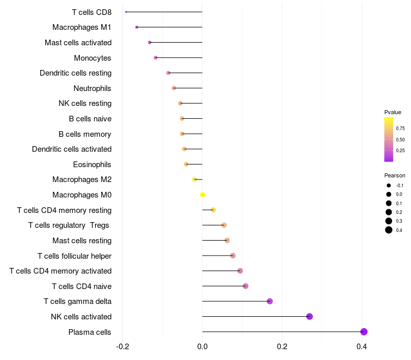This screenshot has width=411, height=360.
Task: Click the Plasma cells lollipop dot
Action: click(364, 332)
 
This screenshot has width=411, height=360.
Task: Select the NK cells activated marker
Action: click(309, 316)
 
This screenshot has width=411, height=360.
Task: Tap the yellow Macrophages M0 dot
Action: click(202, 195)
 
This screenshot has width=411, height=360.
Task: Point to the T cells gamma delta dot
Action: click(270, 301)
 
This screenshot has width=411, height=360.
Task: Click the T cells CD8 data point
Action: click(126, 12)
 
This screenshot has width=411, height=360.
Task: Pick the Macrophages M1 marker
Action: click(137, 27)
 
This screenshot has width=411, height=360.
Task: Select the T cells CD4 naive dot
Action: click(245, 286)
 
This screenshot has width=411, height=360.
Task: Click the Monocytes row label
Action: click(92, 58)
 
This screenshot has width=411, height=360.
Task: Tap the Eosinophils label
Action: click(92, 165)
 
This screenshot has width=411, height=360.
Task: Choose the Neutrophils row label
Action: click(92, 88)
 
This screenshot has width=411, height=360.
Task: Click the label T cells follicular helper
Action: click(74, 256)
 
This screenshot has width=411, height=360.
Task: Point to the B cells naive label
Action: click(90, 119)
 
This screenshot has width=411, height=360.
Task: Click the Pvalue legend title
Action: click(393, 112)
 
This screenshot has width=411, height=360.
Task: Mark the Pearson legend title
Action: click(395, 175)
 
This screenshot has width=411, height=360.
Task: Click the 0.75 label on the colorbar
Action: click(400, 129)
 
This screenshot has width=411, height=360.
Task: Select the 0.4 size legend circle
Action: click(389, 230)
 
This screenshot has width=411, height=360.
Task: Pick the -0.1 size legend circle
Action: click(389, 186)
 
